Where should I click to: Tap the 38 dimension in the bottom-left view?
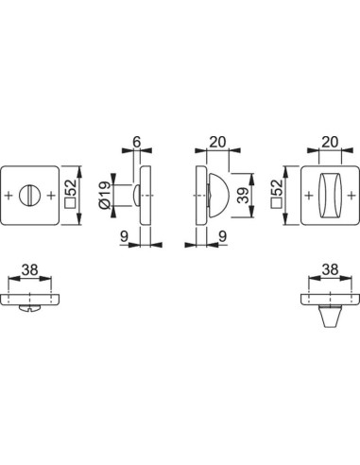pos(30,267)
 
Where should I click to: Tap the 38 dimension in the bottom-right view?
pos(327,267)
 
